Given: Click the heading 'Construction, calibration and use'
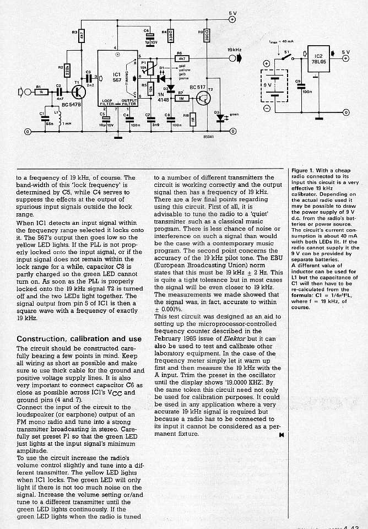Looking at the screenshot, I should click(x=79, y=338).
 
